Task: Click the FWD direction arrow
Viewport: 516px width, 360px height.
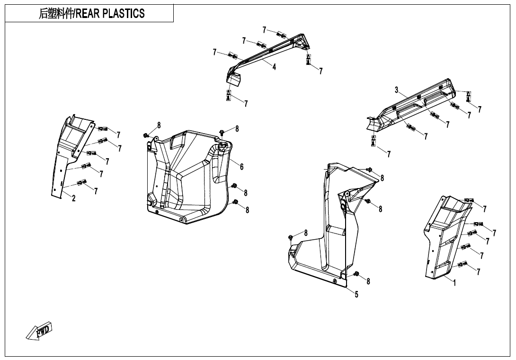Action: point(39,330)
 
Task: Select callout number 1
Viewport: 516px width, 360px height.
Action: point(455,283)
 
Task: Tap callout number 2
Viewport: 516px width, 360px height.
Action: point(73,198)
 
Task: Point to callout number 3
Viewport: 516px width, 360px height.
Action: point(396,90)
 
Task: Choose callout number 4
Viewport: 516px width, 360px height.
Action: point(274,67)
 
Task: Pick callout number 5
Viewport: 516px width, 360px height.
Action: point(356,295)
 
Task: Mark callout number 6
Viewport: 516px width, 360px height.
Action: point(242,166)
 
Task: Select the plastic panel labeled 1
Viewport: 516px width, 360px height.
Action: point(443,237)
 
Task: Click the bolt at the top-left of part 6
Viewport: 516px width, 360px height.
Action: point(146,136)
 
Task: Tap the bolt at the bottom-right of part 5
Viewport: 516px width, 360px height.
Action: point(356,274)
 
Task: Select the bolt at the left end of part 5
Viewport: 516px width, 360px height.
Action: point(290,236)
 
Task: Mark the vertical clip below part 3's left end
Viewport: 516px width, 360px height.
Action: point(374,141)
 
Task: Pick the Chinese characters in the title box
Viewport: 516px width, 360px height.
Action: point(56,14)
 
